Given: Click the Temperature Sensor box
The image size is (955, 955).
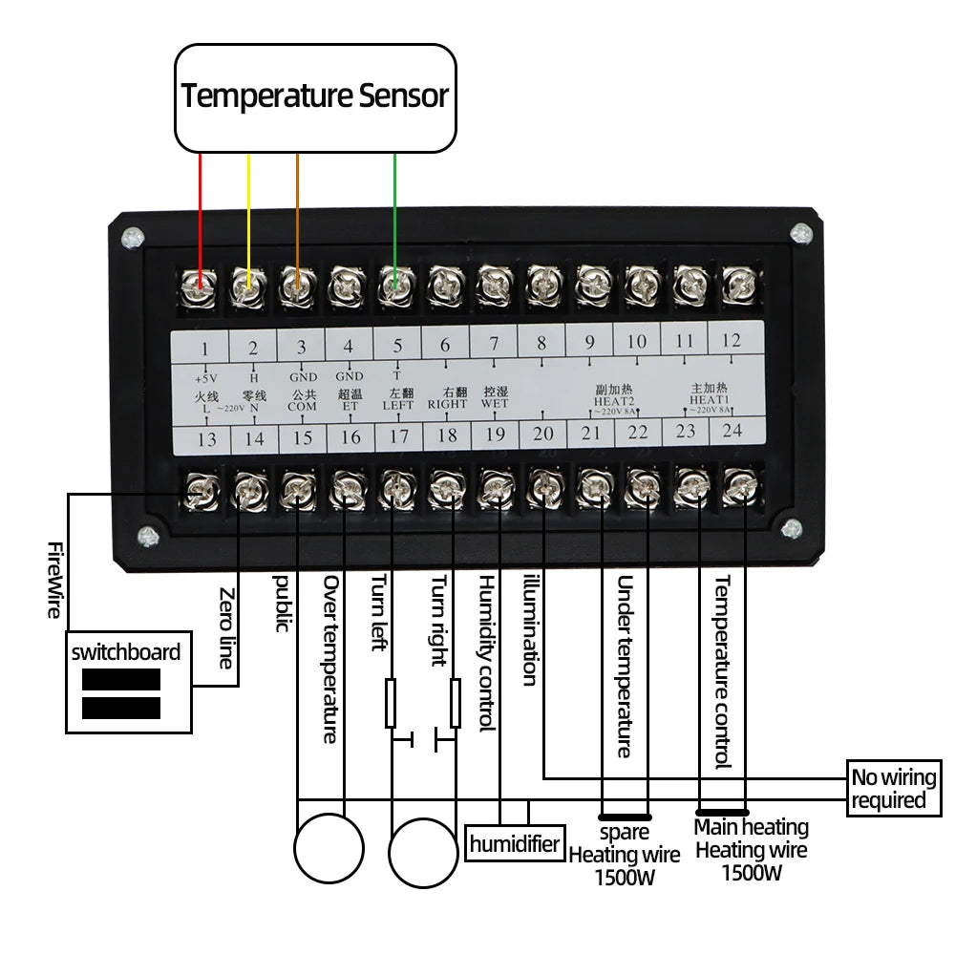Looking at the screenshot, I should click(x=315, y=96).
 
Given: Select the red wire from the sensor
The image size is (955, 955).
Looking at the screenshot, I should click(x=200, y=210).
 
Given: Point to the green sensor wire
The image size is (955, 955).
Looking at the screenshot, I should click(x=394, y=210).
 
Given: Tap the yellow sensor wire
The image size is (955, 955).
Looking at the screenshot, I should click(x=248, y=210).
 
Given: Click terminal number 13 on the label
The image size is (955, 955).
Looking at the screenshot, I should click(x=206, y=438).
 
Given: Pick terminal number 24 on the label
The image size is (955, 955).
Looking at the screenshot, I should click(x=732, y=431).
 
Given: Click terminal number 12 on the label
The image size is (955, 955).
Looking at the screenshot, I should click(x=731, y=339).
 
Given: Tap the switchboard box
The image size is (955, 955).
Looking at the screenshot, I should click(x=125, y=683).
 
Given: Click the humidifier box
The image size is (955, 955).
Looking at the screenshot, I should click(x=515, y=844).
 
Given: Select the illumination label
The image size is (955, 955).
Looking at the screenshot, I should click(x=531, y=630).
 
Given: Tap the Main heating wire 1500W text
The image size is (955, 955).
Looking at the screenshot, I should click(x=751, y=850).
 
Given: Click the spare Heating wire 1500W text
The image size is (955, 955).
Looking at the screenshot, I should click(x=625, y=855).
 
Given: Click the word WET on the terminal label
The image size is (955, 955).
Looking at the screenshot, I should click(x=495, y=403).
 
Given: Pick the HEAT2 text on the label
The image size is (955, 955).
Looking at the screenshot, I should click(x=613, y=401).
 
